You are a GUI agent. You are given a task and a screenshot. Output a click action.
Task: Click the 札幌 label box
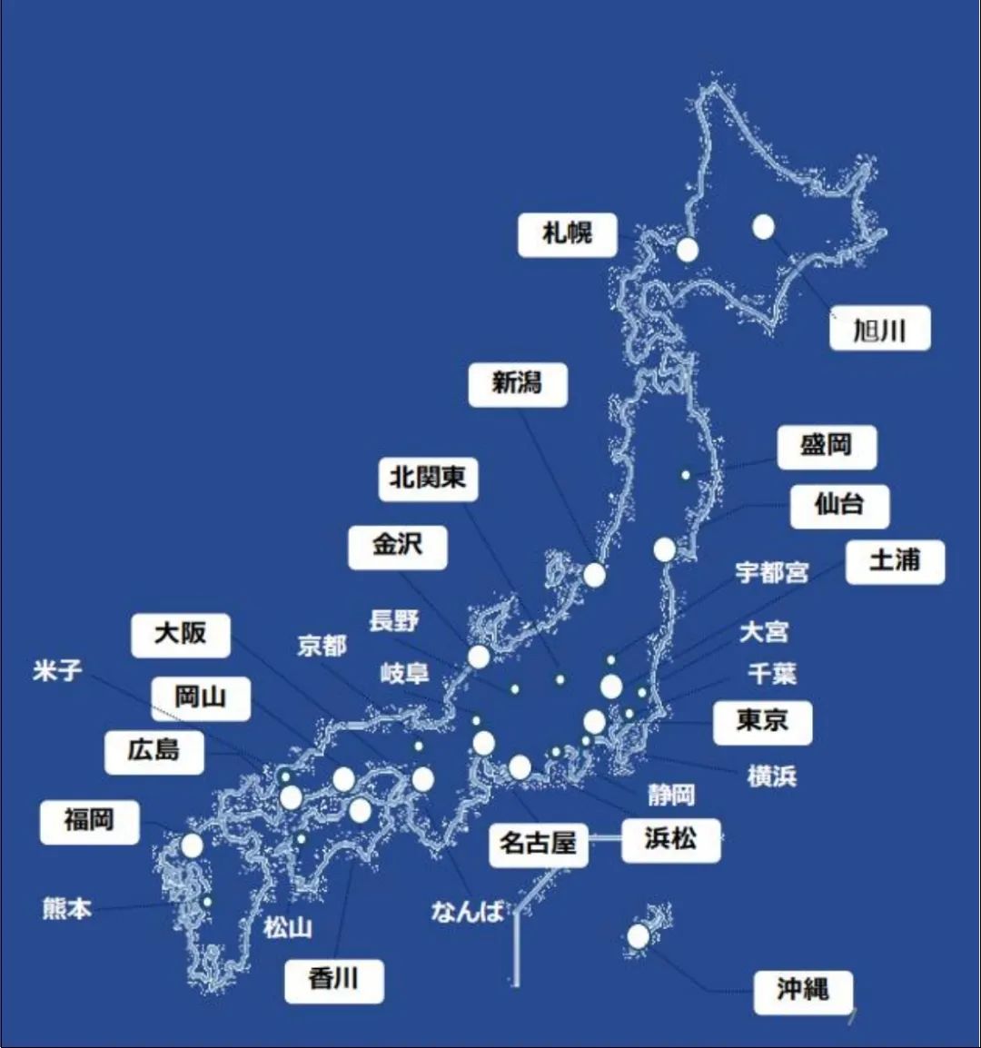568,234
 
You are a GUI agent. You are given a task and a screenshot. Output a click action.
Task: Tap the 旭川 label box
879,329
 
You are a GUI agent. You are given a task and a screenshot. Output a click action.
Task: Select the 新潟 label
518,384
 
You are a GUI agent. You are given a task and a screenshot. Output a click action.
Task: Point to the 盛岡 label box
827,447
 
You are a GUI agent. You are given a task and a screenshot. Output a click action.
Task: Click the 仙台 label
839,505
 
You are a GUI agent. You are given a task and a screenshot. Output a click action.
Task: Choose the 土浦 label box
895,562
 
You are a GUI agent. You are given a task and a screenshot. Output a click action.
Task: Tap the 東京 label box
762,722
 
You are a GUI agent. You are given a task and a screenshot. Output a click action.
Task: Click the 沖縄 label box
802,991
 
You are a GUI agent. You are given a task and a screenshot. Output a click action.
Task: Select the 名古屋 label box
538,844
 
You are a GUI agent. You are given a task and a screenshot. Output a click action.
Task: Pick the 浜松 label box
670,839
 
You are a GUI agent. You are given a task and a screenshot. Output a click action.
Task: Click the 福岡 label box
89,821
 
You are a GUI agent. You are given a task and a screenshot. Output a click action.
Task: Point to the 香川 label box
333,980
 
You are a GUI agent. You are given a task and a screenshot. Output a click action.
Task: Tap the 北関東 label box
428,478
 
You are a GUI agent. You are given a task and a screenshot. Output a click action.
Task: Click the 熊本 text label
67,908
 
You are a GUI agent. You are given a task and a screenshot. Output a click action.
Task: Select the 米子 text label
57,671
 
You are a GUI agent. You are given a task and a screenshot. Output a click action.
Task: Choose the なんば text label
467,911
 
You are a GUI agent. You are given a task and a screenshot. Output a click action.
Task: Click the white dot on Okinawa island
639,936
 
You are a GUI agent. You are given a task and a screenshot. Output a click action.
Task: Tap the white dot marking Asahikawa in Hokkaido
763,227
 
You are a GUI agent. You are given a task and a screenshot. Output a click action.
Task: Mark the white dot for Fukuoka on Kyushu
192,845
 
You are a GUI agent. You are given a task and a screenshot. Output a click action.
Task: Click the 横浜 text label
771,776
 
